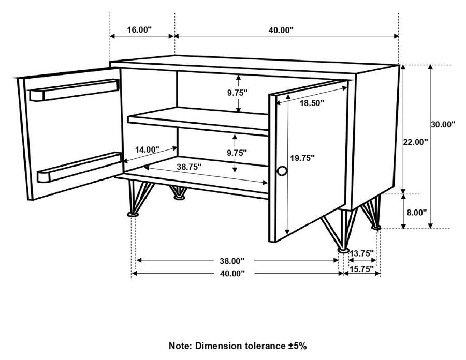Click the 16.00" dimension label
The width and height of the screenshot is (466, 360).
click(138, 29)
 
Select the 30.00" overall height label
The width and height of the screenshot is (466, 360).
click(443, 124)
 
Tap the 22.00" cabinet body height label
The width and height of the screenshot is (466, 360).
click(415, 142)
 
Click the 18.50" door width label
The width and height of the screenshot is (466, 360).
click(312, 103)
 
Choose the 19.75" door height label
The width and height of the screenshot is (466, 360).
click(302, 158)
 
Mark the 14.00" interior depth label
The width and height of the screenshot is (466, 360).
click(147, 149)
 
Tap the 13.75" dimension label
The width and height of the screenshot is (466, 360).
click(361, 253)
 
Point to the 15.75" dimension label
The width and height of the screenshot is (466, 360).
click(361, 269)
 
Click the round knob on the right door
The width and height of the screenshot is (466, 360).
click(282, 172)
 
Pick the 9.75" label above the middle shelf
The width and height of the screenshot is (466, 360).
click(238, 93)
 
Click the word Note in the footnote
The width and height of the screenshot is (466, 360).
click(180, 346)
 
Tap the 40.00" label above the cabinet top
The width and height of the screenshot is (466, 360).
click(281, 29)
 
